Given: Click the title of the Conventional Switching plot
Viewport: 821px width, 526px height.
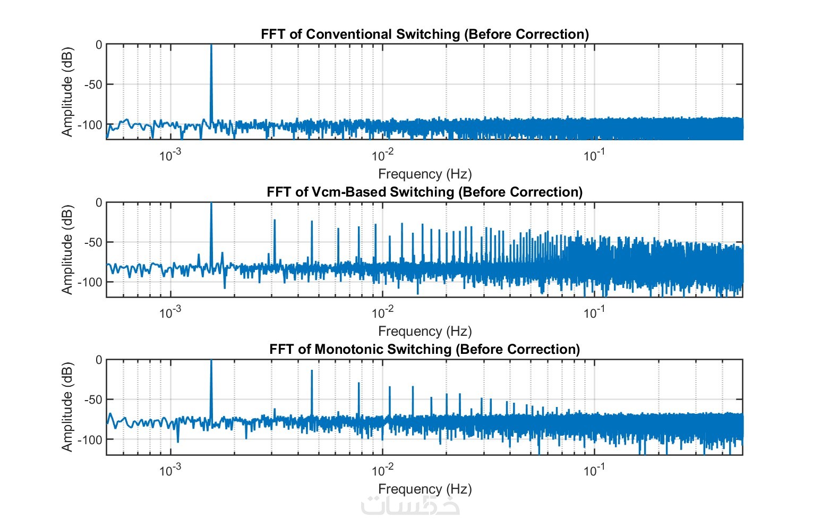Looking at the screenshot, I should (x=424, y=35).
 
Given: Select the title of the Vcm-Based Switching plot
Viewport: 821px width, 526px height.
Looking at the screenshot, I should (x=424, y=192).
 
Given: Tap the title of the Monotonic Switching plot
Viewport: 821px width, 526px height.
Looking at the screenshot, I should (x=424, y=349).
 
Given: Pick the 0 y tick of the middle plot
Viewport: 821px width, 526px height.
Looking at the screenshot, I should (x=98, y=202).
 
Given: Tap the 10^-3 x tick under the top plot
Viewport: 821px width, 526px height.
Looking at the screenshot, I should (x=170, y=155).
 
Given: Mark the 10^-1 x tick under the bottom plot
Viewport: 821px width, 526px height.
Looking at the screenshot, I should (x=594, y=470).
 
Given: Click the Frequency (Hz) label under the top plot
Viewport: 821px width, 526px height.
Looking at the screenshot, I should (x=424, y=174).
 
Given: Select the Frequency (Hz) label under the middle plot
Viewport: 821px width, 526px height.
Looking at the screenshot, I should (x=424, y=331).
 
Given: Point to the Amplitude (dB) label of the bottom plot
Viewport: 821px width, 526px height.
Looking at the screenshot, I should (x=67, y=407).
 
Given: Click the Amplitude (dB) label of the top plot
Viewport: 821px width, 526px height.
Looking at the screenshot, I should (x=67, y=92).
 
